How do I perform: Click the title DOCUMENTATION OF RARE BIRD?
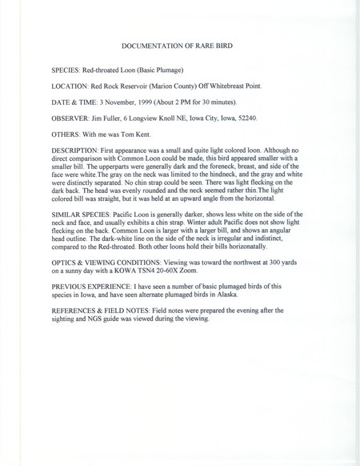[179, 48]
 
